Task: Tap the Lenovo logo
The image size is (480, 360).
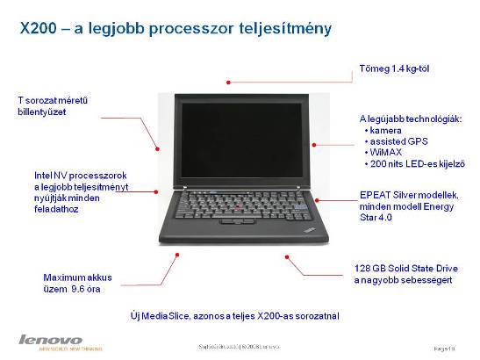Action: [x=50, y=340]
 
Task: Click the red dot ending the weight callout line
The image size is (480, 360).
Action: [x=229, y=83]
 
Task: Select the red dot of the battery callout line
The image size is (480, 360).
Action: [x=177, y=256]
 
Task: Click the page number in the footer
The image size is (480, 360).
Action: [x=447, y=348]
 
